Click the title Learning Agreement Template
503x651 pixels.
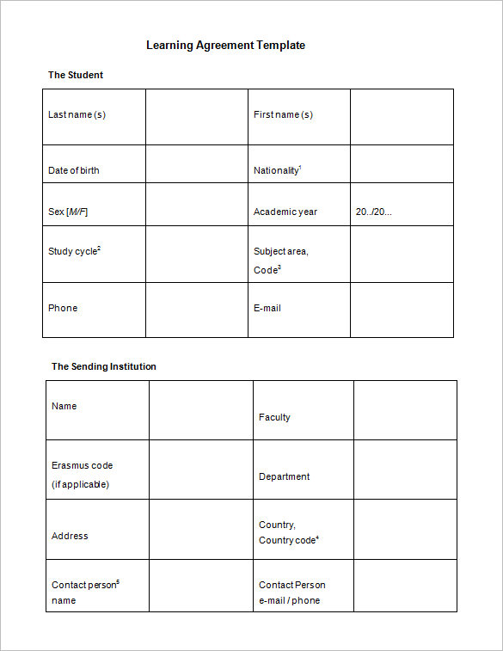pos(225,45)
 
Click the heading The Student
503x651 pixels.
pos(76,75)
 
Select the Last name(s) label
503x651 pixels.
pos(77,114)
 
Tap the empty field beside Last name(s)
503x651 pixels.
pos(196,116)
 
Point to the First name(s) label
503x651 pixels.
pos(283,114)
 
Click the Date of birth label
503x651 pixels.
pos(73,170)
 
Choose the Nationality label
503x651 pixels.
pos(277,170)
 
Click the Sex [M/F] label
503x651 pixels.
pos(68,212)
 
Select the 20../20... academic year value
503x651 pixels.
pos(373,212)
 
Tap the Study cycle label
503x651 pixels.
pos(74,251)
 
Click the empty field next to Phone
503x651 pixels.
pos(196,310)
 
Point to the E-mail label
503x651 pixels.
pos(267,308)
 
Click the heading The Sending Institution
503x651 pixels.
pos(104,366)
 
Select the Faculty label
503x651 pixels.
pos(274,417)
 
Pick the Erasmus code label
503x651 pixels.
pos(82,465)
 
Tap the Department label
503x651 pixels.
pos(284,476)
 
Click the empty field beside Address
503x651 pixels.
pos(200,529)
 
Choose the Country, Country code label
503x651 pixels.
pos(288,532)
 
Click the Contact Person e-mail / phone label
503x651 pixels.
pos(291,593)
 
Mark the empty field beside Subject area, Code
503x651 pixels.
pos(402,254)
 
